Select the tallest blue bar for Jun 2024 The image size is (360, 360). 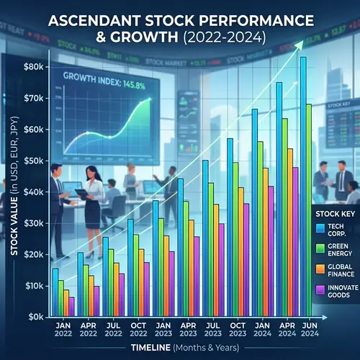303,187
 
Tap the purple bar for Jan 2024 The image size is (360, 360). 271,251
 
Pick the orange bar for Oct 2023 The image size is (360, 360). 241,252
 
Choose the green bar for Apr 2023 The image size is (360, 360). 186,259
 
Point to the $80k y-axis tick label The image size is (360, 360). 34,66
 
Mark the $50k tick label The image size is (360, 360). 34,161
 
